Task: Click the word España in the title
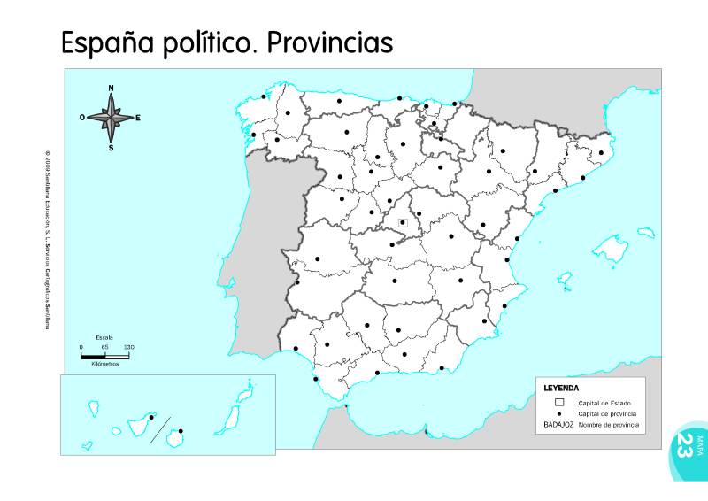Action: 106,43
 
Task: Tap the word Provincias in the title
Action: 329,43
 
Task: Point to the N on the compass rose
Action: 111,89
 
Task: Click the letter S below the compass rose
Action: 111,148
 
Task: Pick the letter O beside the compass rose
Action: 82,117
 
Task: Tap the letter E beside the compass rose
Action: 138,117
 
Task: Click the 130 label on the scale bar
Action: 128,347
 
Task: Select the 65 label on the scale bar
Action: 104,347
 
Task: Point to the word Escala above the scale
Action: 104,338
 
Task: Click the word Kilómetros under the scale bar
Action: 104,364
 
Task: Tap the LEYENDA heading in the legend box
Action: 561,388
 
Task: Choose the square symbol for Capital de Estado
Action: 559,403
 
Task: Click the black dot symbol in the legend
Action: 559,414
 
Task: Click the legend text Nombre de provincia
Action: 608,426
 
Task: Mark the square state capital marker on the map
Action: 403,222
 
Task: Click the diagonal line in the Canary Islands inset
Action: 159,431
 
